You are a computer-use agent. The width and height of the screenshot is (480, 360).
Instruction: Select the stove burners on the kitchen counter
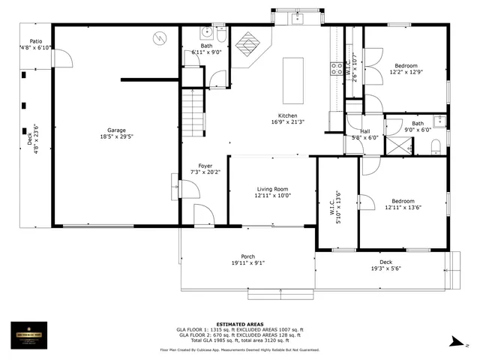[x=335, y=70]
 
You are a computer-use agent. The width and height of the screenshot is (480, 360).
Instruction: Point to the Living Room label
[x=272, y=189]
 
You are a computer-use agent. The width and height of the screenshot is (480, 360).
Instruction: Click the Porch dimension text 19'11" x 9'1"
[x=247, y=263]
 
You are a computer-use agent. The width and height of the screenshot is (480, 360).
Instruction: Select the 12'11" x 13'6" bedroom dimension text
[x=402, y=208]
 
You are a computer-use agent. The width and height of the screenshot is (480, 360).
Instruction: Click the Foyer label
[x=205, y=166]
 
